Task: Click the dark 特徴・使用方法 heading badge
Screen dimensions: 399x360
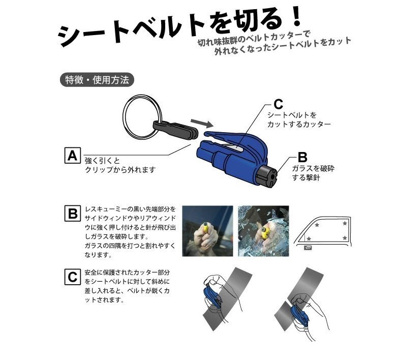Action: (x=97, y=80)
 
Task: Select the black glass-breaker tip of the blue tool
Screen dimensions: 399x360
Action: (x=267, y=176)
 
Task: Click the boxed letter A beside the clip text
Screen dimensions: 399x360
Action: (x=73, y=156)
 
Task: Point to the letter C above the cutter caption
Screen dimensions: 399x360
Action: (x=278, y=104)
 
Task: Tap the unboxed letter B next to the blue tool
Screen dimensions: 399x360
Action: (x=302, y=157)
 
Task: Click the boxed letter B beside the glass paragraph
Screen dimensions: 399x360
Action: (x=73, y=214)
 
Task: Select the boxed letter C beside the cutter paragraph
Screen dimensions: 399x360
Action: (x=73, y=277)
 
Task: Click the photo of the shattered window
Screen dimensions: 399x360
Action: (x=263, y=231)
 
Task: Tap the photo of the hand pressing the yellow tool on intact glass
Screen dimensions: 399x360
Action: (x=208, y=231)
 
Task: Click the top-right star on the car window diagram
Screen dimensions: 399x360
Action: (x=345, y=223)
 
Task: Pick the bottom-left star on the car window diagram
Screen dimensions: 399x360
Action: (x=309, y=238)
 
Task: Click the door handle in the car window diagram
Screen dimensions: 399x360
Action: (x=309, y=247)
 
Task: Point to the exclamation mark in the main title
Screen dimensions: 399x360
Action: (x=295, y=16)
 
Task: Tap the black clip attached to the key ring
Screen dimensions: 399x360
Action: (x=175, y=130)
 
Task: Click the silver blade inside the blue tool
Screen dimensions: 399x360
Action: (x=235, y=148)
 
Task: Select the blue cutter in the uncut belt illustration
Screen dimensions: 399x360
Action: (x=213, y=295)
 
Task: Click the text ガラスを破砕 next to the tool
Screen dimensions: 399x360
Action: (x=313, y=168)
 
